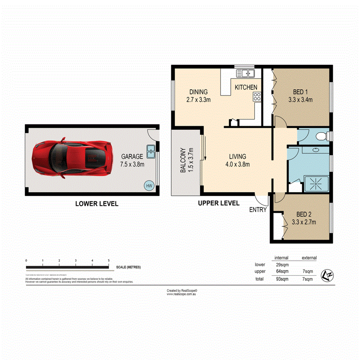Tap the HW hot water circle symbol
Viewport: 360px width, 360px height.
pos(148,186)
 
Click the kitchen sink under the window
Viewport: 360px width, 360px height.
pos(245,73)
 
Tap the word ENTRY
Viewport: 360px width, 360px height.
pos(258,210)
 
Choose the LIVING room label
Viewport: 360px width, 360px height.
pos(237,156)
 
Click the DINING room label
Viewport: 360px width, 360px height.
pos(199,92)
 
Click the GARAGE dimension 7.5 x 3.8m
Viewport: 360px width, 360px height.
pos(132,164)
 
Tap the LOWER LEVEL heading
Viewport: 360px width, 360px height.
pos(97,204)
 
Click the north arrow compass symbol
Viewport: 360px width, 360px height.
pos(328,275)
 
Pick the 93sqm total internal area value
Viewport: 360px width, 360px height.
pos(281,279)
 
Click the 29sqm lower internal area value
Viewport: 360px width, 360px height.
pos(281,265)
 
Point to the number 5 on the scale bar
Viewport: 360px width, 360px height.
pos(109,260)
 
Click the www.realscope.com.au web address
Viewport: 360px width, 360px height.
pos(182,294)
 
